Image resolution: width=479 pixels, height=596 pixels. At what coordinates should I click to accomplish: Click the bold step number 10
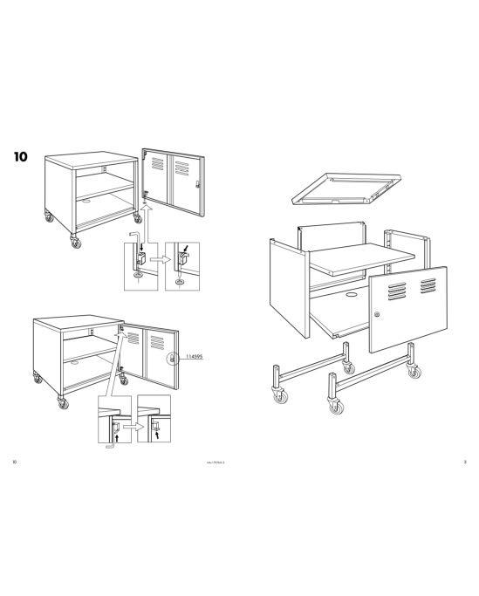pos(21,158)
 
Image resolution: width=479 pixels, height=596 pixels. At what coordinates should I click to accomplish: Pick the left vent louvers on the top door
pos(156,164)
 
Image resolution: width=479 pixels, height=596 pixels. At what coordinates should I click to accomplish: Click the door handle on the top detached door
pos(198,183)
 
